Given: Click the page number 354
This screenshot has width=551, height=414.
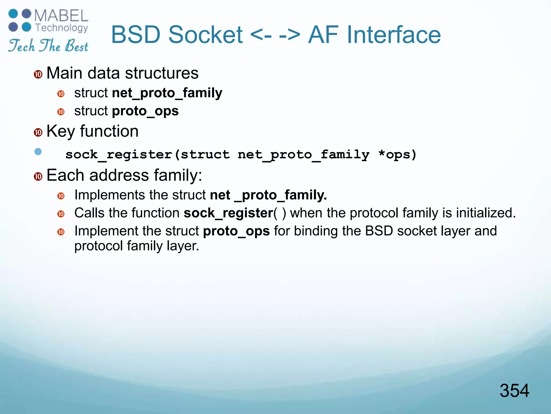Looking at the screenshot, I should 514,391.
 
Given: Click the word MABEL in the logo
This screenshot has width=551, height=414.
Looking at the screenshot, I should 61,16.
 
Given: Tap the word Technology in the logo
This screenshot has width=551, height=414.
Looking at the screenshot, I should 62,28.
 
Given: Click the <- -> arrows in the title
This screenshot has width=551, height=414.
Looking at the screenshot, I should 275,35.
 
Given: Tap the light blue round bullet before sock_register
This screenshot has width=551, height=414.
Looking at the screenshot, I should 38,152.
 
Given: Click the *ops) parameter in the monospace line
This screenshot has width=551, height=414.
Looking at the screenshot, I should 397,154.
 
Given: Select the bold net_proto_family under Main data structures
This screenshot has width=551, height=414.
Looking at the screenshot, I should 167,93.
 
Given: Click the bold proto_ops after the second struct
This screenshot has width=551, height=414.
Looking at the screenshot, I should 145,111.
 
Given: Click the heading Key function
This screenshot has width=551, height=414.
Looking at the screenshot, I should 92,131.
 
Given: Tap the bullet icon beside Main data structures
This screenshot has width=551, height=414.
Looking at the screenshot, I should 38,74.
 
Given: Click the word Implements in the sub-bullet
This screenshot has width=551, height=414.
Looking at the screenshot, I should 110,195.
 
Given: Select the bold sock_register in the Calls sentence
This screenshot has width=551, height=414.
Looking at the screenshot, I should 228,213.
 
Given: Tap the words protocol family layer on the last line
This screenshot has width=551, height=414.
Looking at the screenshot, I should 136,246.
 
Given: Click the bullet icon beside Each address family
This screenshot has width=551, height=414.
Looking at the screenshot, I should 38,177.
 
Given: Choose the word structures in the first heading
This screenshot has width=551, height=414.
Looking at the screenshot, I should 162,73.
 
